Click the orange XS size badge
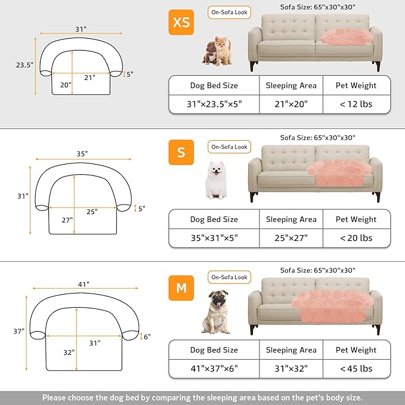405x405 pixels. click(x=181, y=22)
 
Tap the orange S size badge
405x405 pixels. click(x=181, y=153)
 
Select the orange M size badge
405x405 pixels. click(x=181, y=289)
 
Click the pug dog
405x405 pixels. click(x=215, y=311)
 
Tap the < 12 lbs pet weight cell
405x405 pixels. click(x=356, y=104)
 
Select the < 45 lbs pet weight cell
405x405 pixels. click(x=356, y=368)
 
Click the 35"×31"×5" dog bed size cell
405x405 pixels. click(x=214, y=237)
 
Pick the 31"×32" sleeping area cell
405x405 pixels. click(x=291, y=368)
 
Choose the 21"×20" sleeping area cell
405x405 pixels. click(x=291, y=104)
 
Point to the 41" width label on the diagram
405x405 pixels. click(x=83, y=284)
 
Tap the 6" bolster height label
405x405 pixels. click(x=147, y=336)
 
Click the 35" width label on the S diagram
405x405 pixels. click(x=82, y=153)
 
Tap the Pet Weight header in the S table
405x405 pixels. click(x=356, y=219)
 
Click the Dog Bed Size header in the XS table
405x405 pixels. click(x=214, y=85)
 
